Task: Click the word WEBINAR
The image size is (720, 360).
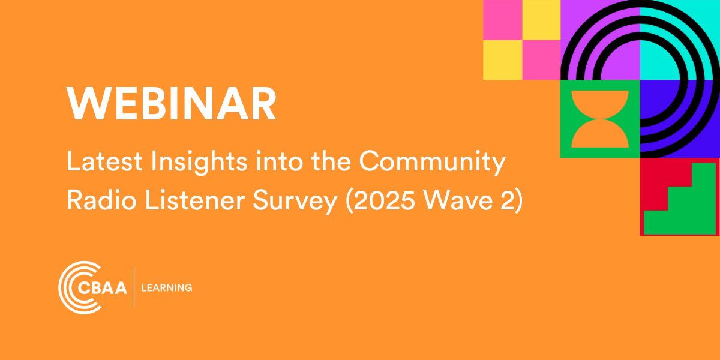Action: coord(172,103)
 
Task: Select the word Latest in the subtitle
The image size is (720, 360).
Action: coord(104,161)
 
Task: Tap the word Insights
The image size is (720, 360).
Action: coord(199,163)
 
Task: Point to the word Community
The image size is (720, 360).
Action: coord(433,163)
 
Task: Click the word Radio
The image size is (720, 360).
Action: coord(101,200)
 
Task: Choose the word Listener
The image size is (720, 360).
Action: coord(195,200)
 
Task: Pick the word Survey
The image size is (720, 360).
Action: coord(295,202)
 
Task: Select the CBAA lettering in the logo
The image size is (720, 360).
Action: coord(102,287)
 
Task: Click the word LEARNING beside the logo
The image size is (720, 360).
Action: coord(167,287)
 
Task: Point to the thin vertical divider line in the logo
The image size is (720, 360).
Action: coord(134,287)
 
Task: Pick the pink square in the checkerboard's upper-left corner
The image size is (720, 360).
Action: coord(503,20)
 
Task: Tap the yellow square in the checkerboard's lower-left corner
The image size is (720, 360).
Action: coord(503,60)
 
